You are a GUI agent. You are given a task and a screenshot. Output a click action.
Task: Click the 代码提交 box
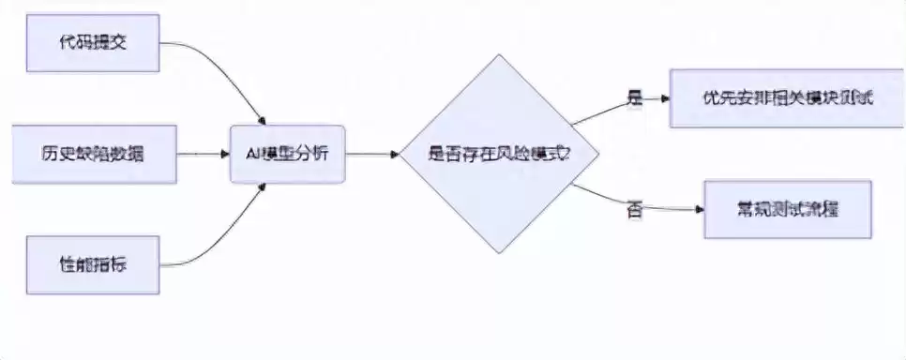[93, 45]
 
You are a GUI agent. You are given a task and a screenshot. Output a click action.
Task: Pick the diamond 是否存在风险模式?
[487, 154]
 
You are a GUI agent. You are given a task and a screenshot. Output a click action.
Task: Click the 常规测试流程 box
[788, 209]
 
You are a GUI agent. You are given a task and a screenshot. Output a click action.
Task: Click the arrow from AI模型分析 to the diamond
[370, 154]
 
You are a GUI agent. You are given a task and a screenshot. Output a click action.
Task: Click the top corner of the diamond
[487, 56]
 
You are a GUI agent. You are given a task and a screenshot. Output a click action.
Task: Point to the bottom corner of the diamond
[487, 252]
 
